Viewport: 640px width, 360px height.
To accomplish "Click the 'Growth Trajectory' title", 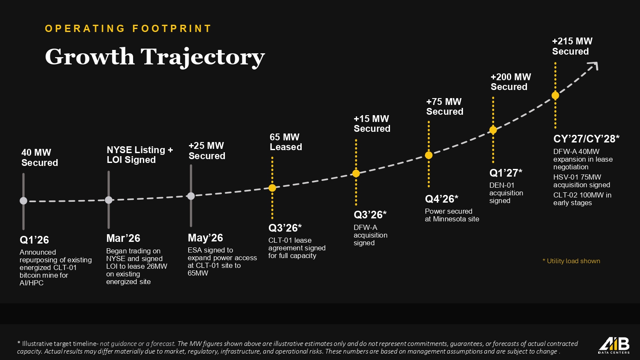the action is pos(155,57).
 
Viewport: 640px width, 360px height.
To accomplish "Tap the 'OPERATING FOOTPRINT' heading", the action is pos(128,29).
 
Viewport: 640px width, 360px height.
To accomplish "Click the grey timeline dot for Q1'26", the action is pos(23,201).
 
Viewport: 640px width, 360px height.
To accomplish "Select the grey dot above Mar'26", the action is pos(108,200).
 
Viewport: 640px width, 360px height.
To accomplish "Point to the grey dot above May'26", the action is pos(191,196).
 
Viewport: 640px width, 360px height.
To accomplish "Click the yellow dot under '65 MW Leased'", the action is pos(272,188).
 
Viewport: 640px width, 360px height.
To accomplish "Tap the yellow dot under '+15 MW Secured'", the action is pos(356,174).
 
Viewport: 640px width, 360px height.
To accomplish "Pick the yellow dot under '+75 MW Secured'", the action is pos(428,155).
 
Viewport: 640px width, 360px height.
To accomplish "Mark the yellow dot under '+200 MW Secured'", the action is pos(493,130).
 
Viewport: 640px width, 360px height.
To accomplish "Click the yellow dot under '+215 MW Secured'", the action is pos(556,96).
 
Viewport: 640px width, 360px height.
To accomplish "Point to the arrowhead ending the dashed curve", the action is pos(596,65).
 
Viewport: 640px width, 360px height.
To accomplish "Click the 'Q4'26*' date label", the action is pos(442,199).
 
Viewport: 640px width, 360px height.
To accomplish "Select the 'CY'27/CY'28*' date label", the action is pos(586,139).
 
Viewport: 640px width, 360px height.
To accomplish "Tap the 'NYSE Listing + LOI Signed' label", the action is pos(140,154).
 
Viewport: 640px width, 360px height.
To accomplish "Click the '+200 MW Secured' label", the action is pos(511,82).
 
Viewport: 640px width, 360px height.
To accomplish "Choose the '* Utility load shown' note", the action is pos(571,261).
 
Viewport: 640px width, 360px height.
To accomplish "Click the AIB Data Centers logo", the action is pos(614,346).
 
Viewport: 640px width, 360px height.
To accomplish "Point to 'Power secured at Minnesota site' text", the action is pos(452,215).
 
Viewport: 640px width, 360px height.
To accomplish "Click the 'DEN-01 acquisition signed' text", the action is pos(506,193).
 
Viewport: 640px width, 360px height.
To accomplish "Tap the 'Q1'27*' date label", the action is pos(506,173).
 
